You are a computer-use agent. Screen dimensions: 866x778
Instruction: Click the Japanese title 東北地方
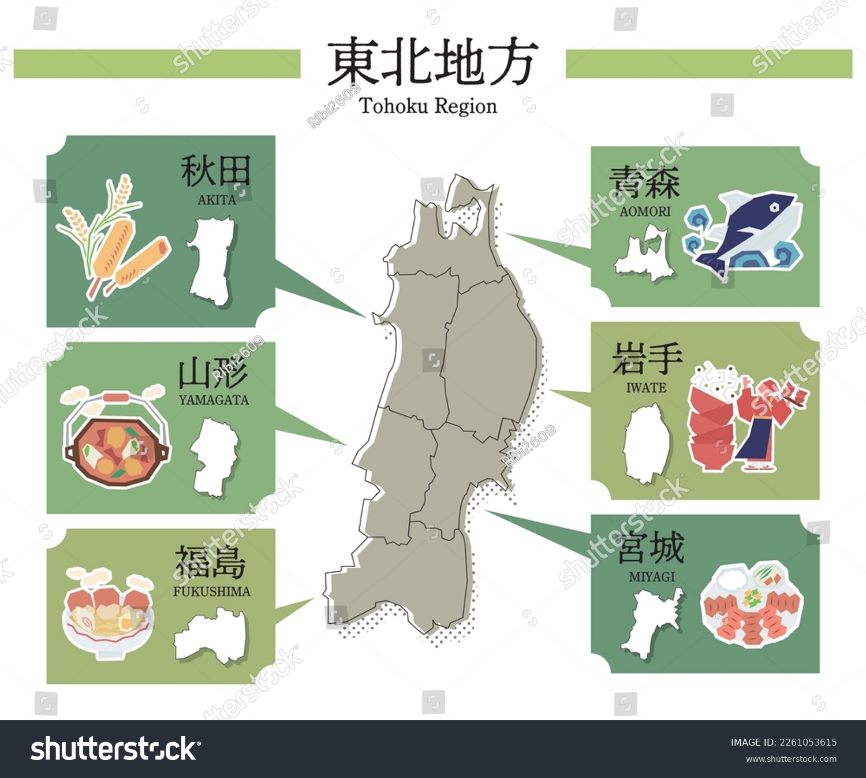pyautogui.click(x=432, y=62)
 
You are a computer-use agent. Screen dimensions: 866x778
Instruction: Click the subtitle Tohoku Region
pyautogui.click(x=428, y=107)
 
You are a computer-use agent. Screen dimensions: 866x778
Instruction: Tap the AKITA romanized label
pyautogui.click(x=216, y=200)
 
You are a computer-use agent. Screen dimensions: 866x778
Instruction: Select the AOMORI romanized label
pyautogui.click(x=645, y=211)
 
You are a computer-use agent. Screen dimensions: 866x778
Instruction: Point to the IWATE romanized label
pyautogui.click(x=646, y=388)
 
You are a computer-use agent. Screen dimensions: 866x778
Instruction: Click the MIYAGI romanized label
pyautogui.click(x=652, y=576)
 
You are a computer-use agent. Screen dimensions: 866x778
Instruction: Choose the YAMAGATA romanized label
pyautogui.click(x=214, y=400)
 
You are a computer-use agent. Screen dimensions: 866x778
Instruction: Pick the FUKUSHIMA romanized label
pyautogui.click(x=212, y=591)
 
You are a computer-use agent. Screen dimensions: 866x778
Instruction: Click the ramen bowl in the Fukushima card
pyautogui.click(x=108, y=621)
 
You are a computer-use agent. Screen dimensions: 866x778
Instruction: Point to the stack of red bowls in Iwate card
pyautogui.click(x=710, y=427)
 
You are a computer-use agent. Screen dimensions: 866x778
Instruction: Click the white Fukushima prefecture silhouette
pyautogui.click(x=211, y=635)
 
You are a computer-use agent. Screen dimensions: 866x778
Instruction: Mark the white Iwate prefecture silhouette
pyautogui.click(x=647, y=444)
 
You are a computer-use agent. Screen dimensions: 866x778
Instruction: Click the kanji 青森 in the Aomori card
pyautogui.click(x=644, y=183)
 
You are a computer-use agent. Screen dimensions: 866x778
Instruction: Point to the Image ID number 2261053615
pyautogui.click(x=808, y=742)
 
